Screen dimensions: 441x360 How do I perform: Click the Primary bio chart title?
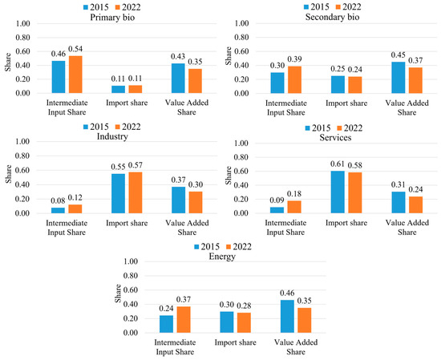[x=112, y=18]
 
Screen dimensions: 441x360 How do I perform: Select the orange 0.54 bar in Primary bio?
[x=75, y=75]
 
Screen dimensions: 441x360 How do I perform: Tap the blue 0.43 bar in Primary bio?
[x=178, y=79]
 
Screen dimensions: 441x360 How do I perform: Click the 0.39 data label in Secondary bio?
[x=295, y=59]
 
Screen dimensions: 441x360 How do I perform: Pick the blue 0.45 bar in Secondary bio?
[x=399, y=78]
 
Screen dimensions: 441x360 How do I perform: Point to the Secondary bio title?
[x=332, y=17]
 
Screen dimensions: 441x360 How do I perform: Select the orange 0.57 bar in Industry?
[x=136, y=192]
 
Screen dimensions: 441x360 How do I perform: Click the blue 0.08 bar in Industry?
[x=58, y=210]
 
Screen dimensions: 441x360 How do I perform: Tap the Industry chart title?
[x=112, y=136]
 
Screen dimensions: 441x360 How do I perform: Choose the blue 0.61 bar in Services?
[x=338, y=192]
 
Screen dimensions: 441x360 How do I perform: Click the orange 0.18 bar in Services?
[x=294, y=207]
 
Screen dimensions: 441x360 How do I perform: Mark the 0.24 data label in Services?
[x=415, y=189]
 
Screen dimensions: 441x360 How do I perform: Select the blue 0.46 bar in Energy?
[x=287, y=317]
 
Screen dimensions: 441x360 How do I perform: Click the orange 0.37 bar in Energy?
[x=184, y=319]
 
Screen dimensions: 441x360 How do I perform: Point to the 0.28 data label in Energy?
[x=244, y=305]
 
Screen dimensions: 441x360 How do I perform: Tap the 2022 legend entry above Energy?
[x=239, y=247]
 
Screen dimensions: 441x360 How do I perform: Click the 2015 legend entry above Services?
[x=318, y=128]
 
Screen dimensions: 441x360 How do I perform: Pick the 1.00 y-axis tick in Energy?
[x=131, y=261]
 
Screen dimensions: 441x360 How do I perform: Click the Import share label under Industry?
[x=127, y=223]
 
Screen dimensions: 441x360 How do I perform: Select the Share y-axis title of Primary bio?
[x=8, y=63]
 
